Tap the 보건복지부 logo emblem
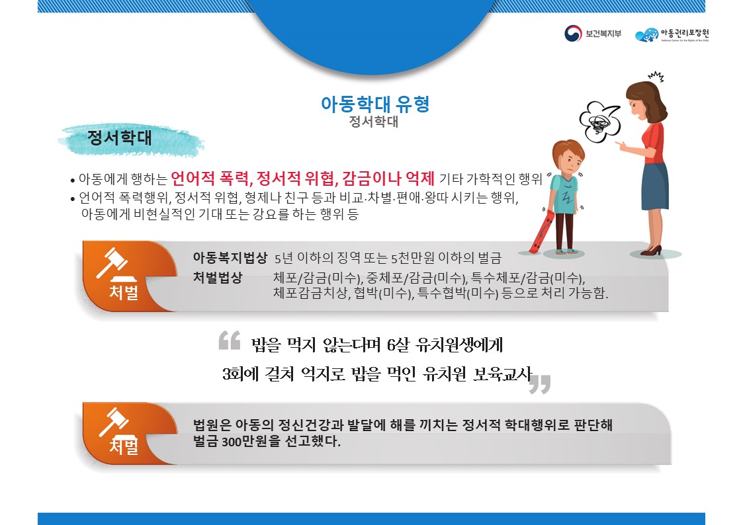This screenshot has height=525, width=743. point(572,34)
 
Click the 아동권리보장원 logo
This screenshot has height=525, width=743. point(675,35)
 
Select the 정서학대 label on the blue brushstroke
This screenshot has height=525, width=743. point(120,139)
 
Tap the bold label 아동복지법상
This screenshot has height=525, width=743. point(230,257)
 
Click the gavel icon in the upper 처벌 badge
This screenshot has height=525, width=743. point(113,264)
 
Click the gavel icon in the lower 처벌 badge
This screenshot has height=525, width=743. point(113,421)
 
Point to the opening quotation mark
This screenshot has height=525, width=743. point(229,341)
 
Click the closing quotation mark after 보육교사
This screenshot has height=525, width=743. point(540,384)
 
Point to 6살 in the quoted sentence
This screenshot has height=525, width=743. point(400,344)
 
